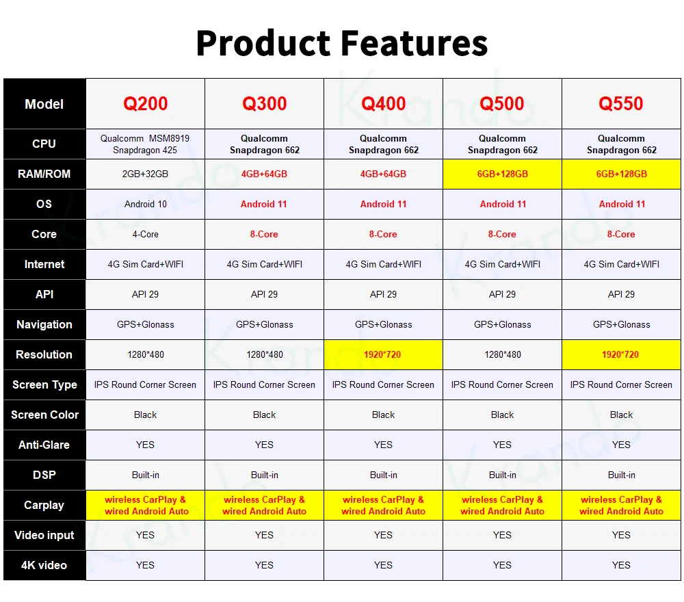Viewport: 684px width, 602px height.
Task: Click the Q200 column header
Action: [x=145, y=104]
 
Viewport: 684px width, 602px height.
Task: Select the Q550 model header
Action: [x=621, y=104]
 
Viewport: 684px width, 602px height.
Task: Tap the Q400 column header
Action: [x=384, y=104]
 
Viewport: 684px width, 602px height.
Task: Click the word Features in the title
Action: [x=414, y=43]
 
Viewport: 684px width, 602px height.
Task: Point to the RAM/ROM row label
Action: [x=44, y=174]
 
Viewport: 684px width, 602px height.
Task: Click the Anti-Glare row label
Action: [x=44, y=445]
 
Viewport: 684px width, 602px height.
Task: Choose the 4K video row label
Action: [x=44, y=565]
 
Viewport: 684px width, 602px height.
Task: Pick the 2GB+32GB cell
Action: [x=145, y=174]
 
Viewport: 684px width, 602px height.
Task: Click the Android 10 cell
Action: [x=145, y=204]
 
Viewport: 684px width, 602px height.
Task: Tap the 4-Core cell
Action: [x=145, y=234]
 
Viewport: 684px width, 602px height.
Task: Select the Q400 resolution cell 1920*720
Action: [x=382, y=354]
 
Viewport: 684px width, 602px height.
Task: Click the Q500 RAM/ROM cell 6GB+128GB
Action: [x=503, y=174]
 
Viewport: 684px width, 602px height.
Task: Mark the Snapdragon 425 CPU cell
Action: [x=145, y=144]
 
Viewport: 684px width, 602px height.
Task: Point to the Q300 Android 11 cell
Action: [x=264, y=204]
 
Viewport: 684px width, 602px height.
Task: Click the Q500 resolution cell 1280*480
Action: [x=503, y=354]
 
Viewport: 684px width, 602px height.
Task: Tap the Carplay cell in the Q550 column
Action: [x=621, y=505]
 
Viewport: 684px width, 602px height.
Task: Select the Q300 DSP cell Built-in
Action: [x=264, y=475]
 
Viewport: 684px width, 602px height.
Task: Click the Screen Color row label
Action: [x=44, y=415]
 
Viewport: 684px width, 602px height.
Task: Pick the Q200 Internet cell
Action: [x=145, y=264]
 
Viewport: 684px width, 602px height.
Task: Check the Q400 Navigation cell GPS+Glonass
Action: [x=384, y=324]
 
